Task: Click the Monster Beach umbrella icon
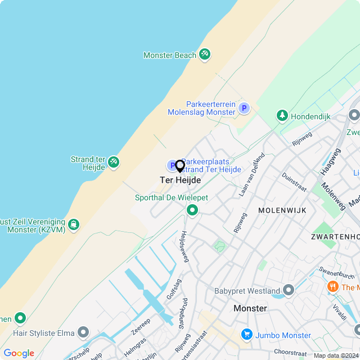[x=205, y=55]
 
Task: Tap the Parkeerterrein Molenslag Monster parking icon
[x=244, y=108]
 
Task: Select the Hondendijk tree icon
[x=282, y=116]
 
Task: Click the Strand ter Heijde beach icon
[x=113, y=162]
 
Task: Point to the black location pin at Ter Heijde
[x=180, y=166]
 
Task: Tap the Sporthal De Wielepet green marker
[x=192, y=210]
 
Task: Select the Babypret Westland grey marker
[x=289, y=290]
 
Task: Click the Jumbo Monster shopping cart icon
[x=246, y=335]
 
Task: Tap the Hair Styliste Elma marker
[x=83, y=332]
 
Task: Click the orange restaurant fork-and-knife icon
[x=332, y=287]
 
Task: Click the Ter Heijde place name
[x=180, y=180]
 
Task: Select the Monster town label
[x=250, y=308]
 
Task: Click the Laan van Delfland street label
[x=251, y=174]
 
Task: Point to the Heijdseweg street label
[x=184, y=246]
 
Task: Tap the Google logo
[x=19, y=353]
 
